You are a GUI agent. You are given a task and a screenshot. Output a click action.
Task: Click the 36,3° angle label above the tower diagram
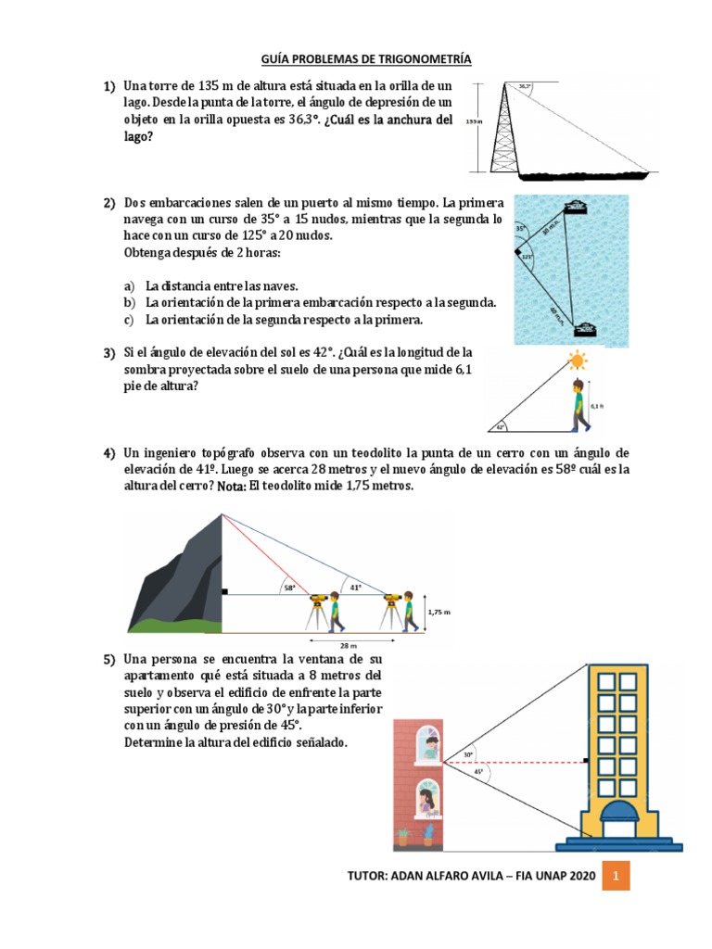point(526,87)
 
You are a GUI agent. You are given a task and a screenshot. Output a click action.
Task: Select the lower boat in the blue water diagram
point(585,328)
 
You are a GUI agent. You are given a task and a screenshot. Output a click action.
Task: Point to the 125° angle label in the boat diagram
point(527,257)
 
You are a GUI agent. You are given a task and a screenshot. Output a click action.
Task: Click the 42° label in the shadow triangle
point(501,427)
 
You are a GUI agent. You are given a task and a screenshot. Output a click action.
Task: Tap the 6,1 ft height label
point(596,405)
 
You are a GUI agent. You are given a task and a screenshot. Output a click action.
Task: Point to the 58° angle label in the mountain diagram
point(290,588)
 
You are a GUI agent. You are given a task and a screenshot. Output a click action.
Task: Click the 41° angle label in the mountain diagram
point(356,587)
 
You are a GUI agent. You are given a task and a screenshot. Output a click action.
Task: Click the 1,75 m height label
point(439,612)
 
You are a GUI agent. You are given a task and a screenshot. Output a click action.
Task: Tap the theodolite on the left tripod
point(318,598)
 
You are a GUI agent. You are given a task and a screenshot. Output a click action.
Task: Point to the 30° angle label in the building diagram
point(469,754)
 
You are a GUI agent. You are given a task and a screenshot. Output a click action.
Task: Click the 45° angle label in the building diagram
point(477,771)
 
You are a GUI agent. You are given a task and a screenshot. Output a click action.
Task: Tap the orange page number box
point(615,875)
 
